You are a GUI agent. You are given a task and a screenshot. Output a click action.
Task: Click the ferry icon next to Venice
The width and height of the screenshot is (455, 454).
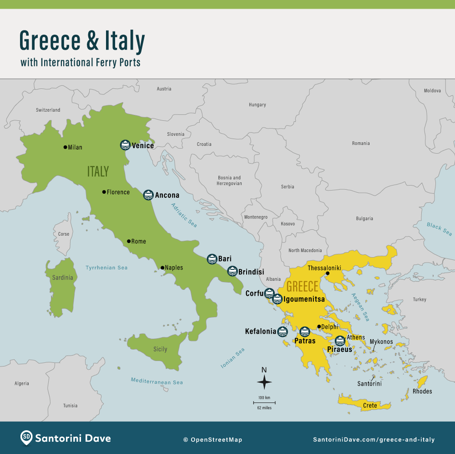coord(125,145)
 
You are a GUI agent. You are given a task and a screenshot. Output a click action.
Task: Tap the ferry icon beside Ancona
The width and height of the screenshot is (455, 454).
coord(148,195)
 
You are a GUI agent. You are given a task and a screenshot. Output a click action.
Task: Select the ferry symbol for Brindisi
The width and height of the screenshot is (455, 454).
coord(232,271)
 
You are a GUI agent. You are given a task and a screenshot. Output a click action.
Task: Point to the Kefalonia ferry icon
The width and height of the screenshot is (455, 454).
coord(283,331)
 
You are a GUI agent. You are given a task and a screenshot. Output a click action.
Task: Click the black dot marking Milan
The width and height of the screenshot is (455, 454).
coord(65,147)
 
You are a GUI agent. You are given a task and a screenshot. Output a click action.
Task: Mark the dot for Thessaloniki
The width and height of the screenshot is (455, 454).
coord(328,273)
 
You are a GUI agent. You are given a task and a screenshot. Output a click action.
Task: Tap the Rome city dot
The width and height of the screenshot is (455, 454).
coord(129,241)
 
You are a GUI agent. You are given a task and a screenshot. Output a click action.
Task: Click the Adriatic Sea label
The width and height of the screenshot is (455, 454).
coord(184,215)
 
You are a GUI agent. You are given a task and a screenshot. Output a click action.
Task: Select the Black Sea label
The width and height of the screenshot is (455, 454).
coord(439,229)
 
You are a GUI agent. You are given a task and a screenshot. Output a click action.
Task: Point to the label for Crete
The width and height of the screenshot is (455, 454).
coord(370,405)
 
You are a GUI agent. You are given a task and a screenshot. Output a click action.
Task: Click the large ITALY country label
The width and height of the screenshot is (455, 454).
coord(98,171)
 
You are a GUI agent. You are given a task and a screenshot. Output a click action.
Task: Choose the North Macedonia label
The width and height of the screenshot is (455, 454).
coord(305,250)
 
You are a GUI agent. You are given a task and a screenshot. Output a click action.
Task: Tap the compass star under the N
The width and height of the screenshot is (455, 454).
coord(264,382)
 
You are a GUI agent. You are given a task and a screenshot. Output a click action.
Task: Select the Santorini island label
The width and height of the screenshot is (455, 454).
coord(369,384)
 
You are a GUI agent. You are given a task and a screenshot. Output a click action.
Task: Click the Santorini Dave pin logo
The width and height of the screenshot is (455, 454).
coord(26,439)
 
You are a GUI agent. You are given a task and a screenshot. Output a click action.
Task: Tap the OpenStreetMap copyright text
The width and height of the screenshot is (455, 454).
coord(212,440)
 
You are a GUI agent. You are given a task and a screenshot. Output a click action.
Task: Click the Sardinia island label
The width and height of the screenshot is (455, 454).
coord(62,278)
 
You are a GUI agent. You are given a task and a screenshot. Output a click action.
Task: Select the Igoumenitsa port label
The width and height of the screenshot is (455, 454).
coord(304,299)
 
